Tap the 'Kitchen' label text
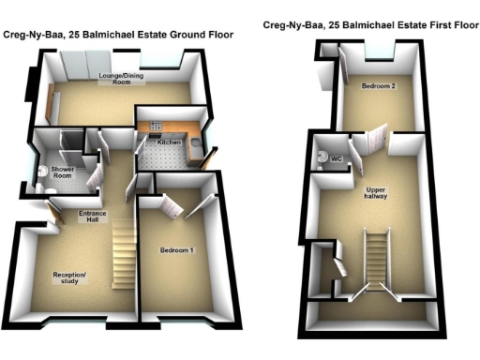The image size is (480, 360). [x=169, y=142]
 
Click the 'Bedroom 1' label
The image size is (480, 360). [x=175, y=249]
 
